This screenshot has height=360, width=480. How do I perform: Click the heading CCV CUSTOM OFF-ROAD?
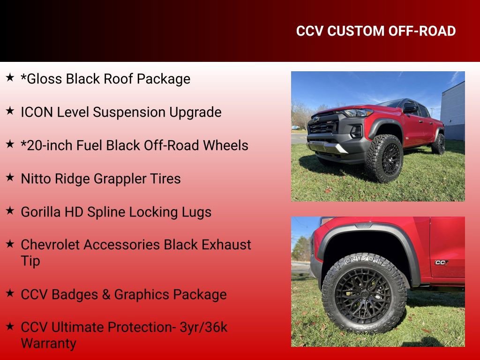(376, 31)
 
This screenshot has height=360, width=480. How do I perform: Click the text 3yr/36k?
(203, 327)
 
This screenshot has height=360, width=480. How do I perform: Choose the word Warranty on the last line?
(48, 344)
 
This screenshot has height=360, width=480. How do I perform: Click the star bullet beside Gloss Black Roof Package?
(10, 77)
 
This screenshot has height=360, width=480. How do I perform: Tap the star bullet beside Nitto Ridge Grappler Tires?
(10, 177)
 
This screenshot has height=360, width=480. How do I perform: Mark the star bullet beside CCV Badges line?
(10, 293)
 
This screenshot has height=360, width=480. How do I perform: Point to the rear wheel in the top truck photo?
(439, 144)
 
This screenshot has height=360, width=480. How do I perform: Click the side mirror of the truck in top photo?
(410, 108)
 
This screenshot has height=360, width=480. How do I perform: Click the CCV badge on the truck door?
(441, 262)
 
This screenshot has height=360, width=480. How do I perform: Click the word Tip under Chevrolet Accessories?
(30, 261)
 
